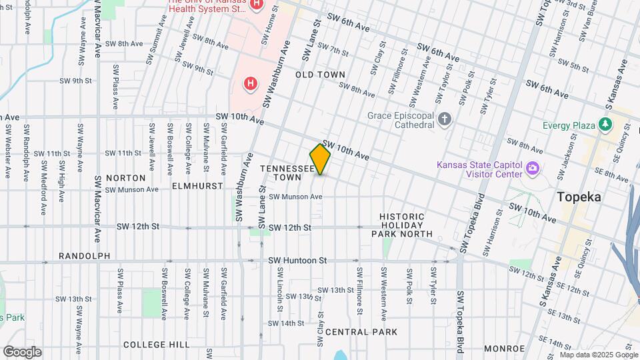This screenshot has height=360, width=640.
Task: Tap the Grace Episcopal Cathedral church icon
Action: pyautogui.click(x=445, y=120)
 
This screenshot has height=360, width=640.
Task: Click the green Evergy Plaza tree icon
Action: pyautogui.click(x=605, y=124)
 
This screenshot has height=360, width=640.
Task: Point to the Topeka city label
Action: pyautogui.click(x=579, y=197)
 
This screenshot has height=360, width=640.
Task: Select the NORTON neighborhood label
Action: pyautogui.click(x=125, y=178)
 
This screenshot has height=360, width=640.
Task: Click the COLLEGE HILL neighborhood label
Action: pyautogui.click(x=157, y=344)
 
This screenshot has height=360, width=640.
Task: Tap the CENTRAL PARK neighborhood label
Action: pyautogui.click(x=361, y=332)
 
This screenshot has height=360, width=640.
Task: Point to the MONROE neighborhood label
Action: pyautogui.click(x=505, y=348)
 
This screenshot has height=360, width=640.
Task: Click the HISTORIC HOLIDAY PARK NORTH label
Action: pyautogui.click(x=402, y=225)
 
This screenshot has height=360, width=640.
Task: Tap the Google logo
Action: pyautogui.click(x=21, y=352)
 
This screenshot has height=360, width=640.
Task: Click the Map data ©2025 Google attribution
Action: pyautogui.click(x=599, y=355)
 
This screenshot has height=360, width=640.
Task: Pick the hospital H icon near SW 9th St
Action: pyautogui.click(x=250, y=84)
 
